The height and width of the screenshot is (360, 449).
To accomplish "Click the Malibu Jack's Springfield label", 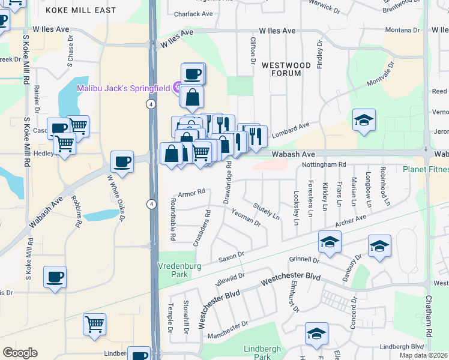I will (x=123, y=88).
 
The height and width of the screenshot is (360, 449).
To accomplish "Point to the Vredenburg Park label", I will (x=177, y=269).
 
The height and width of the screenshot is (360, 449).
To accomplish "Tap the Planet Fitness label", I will (x=425, y=169).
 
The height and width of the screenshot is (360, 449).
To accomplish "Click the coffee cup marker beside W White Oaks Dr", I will (x=122, y=161).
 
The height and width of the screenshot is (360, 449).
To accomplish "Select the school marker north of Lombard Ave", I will (x=364, y=120).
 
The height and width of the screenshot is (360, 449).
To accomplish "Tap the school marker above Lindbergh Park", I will (x=316, y=334).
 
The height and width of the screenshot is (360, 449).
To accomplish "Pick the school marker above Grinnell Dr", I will (x=330, y=242).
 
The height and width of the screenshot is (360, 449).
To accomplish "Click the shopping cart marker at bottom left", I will (x=95, y=324).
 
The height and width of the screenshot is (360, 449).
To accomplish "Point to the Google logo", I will (x=20, y=353).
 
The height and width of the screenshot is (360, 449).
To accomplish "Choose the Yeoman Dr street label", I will (x=246, y=219).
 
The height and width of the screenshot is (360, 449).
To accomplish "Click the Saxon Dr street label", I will (x=231, y=256).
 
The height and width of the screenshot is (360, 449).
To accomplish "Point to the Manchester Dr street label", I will (x=228, y=331).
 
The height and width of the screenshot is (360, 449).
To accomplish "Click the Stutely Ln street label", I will (x=267, y=211).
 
